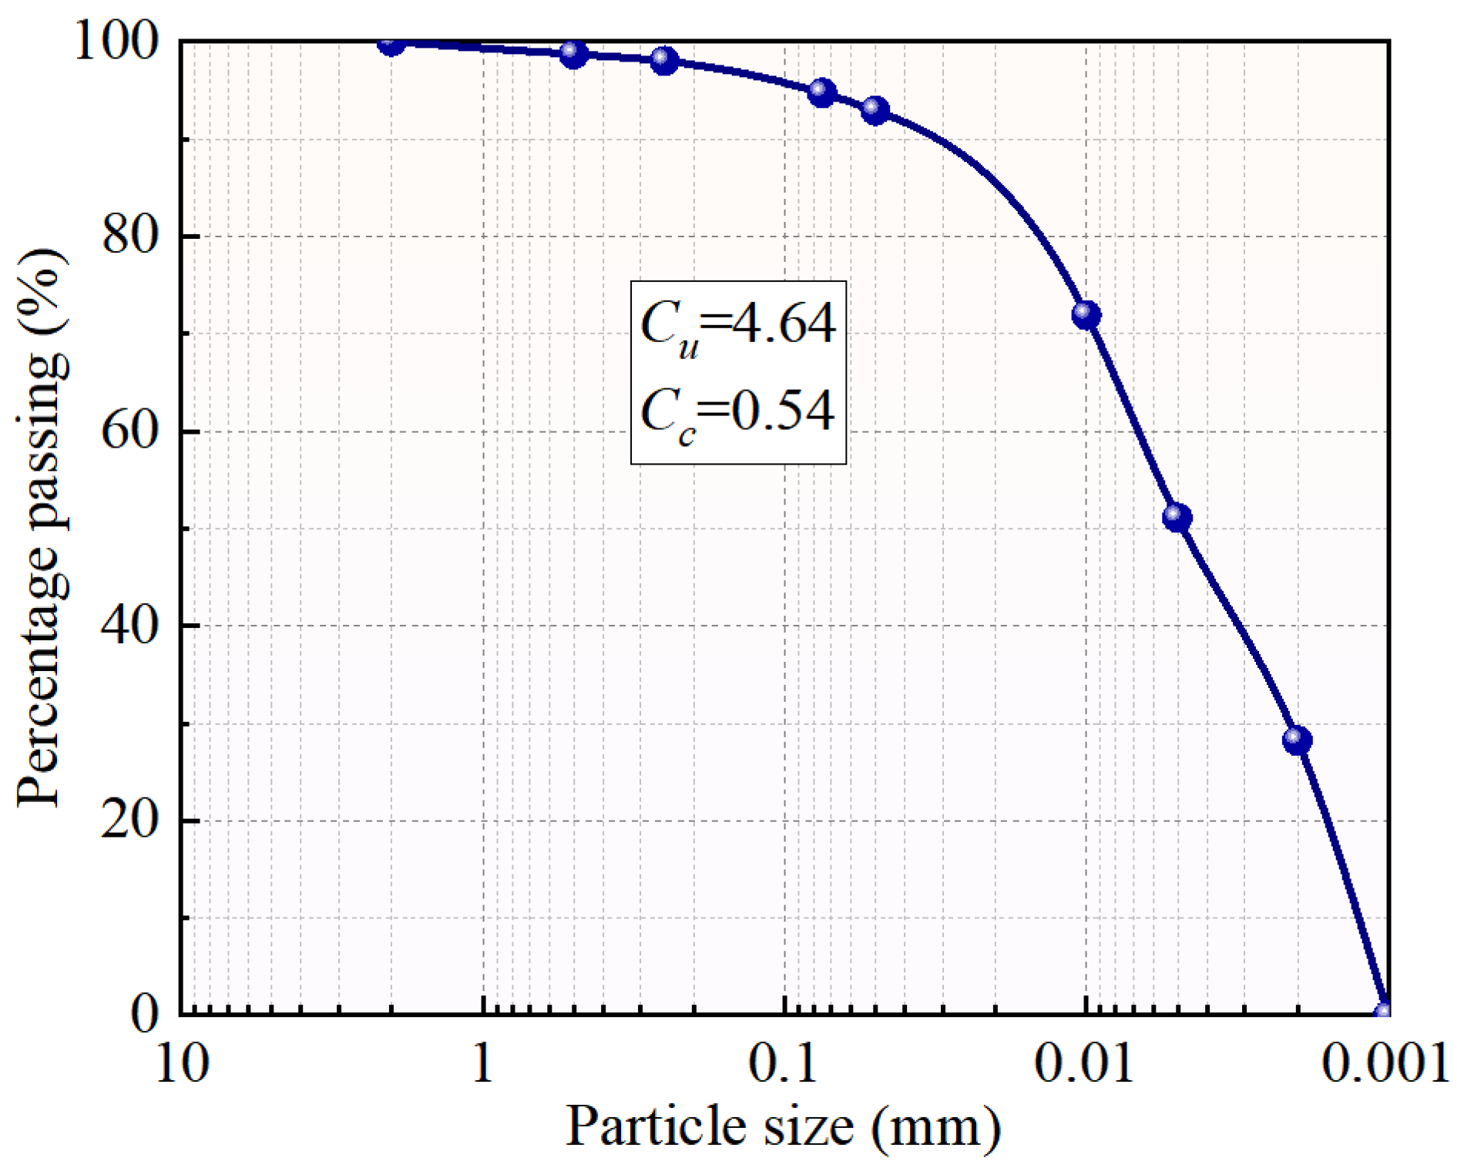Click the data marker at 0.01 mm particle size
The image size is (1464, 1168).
(1086, 314)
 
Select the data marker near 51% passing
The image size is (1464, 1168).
(1177, 517)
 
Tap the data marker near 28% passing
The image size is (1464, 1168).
(1298, 740)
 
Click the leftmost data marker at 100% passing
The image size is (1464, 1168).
(391, 43)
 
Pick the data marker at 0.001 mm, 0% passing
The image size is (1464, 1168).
(1384, 1012)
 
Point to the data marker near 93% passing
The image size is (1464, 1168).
(875, 110)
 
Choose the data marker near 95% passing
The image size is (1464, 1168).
(822, 92)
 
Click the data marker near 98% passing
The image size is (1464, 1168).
(664, 60)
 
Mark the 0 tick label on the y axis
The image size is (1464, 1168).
(145, 1015)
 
